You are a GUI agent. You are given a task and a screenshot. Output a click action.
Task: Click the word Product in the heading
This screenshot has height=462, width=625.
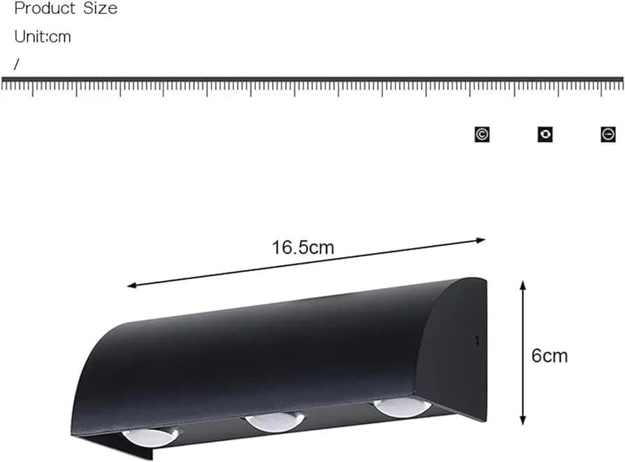coord(45,8)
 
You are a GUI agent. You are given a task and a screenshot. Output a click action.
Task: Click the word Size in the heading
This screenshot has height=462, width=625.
coord(101,8)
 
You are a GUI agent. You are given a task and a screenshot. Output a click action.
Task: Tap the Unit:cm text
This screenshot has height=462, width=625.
coord(43,36)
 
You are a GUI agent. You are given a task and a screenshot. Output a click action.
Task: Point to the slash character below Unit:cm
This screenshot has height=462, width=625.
coord(16,64)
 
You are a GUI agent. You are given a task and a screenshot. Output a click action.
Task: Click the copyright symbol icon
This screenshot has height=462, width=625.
coord(482,134)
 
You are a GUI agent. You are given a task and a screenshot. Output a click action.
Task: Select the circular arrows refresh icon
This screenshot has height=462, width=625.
coord(545,134)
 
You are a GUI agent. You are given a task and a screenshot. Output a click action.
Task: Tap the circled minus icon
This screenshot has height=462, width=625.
coord(608,134)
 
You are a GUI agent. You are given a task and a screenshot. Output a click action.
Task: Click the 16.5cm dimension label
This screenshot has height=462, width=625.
coord(303,247)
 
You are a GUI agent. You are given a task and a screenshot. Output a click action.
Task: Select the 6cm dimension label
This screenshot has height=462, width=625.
coord(549,356)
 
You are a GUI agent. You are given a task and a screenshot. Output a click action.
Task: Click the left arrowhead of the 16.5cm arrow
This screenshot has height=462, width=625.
coord(131,285)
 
